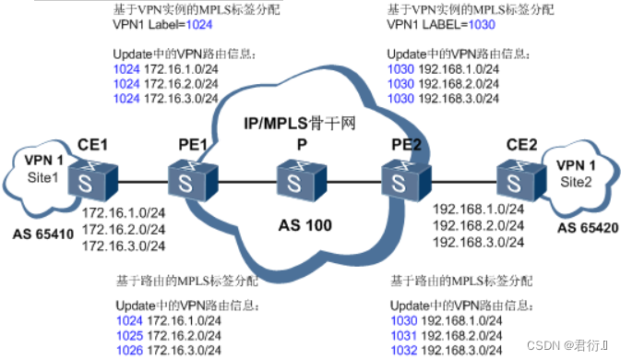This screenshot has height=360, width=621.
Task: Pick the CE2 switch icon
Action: [513, 176]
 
